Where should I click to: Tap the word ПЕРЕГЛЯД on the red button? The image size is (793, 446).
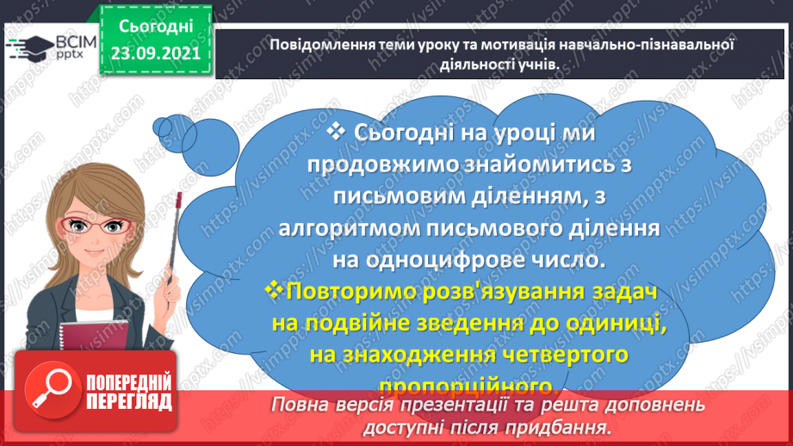pos(128,402)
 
